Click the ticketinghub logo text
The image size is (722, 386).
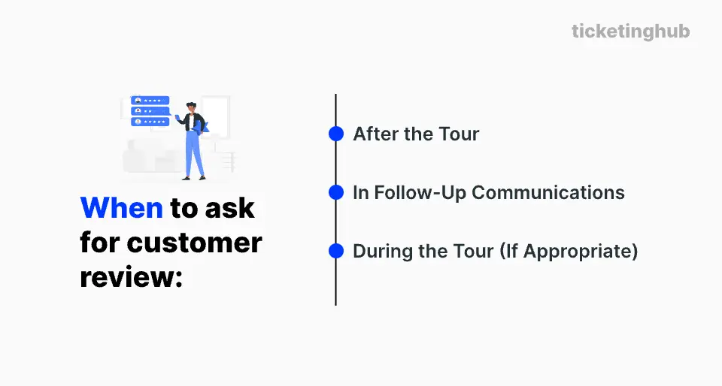[630, 32]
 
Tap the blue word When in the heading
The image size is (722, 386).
[121, 208]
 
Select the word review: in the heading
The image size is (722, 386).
[132, 277]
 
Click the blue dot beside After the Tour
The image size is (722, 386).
[336, 134]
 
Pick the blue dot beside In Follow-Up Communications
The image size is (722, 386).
[336, 192]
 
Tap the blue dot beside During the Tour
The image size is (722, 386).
[336, 251]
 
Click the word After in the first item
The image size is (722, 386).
[375, 134]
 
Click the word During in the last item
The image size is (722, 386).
[381, 251]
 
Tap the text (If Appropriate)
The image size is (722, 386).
[569, 251]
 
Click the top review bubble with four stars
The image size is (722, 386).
[150, 101]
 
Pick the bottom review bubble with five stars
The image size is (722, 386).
[150, 121]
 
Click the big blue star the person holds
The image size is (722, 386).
[204, 126]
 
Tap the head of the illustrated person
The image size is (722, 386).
[191, 107]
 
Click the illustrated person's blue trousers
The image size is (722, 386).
[194, 154]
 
